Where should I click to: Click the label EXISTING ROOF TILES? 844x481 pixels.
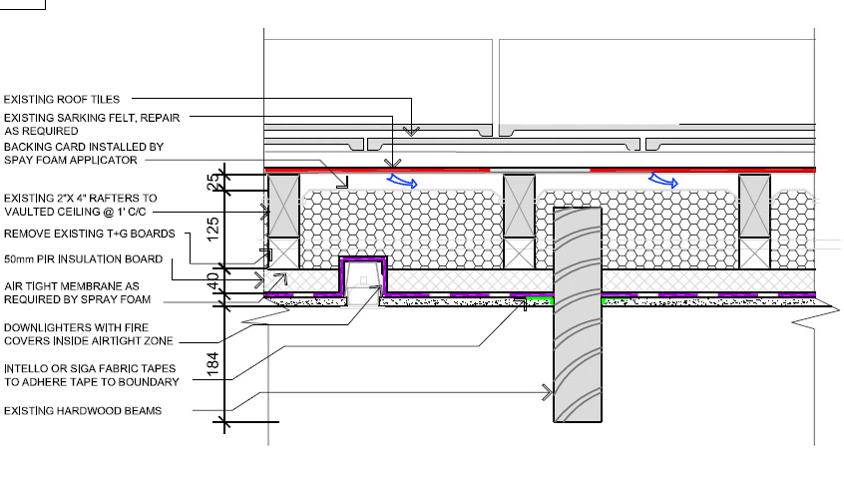(x=62, y=99)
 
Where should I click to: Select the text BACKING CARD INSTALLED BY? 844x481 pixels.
(x=84, y=147)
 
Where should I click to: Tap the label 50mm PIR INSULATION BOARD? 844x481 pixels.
(x=84, y=259)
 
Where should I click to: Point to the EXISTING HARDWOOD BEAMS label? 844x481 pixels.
(x=83, y=410)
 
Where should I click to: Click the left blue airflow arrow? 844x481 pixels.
(x=403, y=180)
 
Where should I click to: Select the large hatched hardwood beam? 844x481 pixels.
(x=578, y=314)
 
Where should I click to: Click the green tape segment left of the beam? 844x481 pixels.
(x=540, y=299)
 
